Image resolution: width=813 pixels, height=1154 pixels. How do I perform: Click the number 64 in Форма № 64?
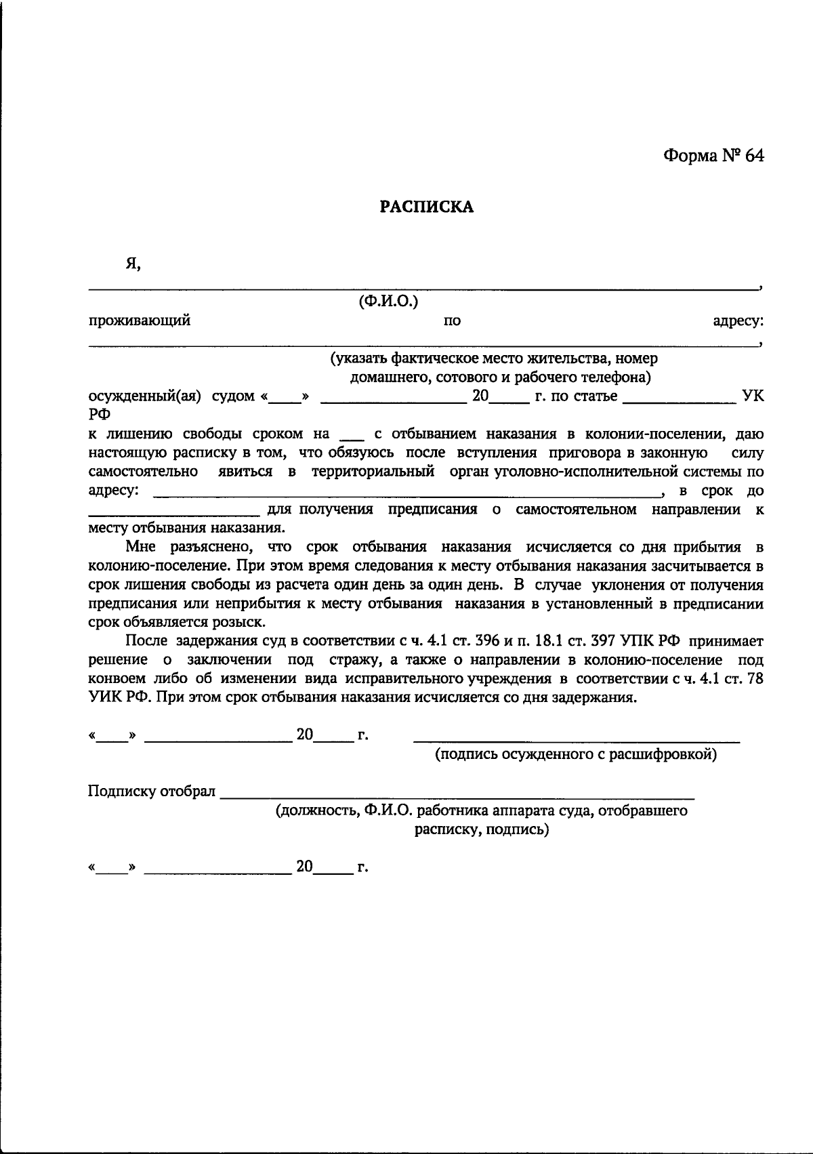(x=754, y=156)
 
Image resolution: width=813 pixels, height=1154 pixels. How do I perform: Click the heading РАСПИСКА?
(x=426, y=207)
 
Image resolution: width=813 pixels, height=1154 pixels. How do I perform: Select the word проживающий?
(x=140, y=321)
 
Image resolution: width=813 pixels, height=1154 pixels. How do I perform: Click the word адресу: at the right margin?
(x=738, y=321)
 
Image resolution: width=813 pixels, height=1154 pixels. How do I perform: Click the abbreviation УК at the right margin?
(x=753, y=396)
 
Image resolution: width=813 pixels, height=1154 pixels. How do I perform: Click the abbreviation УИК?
(x=106, y=698)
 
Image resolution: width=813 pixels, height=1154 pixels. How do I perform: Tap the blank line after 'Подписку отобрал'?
(x=457, y=798)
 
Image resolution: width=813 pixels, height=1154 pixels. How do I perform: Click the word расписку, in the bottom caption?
(x=446, y=829)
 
